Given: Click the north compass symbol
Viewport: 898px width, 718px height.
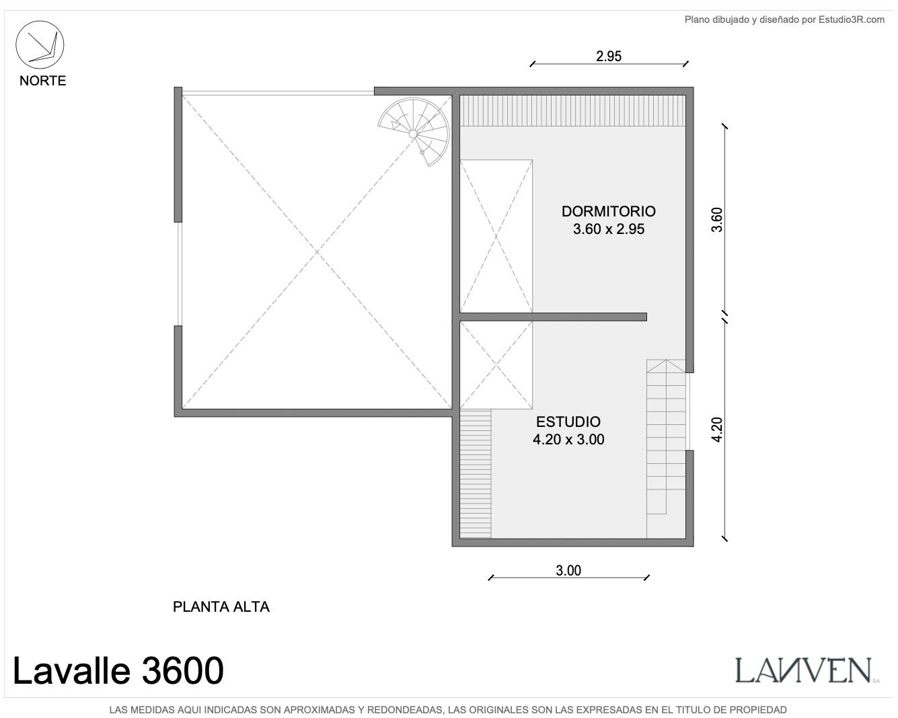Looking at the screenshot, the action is point(40,44).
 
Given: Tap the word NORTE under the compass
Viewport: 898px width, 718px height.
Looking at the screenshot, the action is point(42,81).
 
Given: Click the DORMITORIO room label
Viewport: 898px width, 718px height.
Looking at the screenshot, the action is point(608,212).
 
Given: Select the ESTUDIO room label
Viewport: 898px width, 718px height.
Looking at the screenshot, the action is point(568,422).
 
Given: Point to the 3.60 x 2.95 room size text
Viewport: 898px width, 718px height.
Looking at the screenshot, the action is point(608,229).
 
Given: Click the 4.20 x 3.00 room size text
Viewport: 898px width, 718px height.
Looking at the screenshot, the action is point(568,439).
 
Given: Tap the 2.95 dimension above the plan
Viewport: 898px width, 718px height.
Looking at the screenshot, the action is point(608,56).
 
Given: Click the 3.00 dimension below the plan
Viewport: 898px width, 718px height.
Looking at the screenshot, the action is point(568,570).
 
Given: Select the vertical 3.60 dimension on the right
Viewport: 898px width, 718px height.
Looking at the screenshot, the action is point(717,219).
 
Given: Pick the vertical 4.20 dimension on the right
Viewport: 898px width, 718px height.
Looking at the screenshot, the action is point(717,430).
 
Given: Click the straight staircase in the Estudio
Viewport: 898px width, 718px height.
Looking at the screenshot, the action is point(666,448).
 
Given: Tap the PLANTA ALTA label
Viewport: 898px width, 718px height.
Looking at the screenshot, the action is point(221,606).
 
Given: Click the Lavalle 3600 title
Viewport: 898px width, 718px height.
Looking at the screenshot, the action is point(118,670).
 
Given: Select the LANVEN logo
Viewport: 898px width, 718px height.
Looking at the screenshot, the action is point(807,670).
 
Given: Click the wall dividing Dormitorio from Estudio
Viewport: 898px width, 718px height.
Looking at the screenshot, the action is point(553,317).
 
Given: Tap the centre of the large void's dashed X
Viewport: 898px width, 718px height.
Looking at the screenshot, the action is point(317,252).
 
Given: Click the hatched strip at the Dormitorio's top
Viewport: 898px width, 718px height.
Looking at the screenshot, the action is point(572,110).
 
